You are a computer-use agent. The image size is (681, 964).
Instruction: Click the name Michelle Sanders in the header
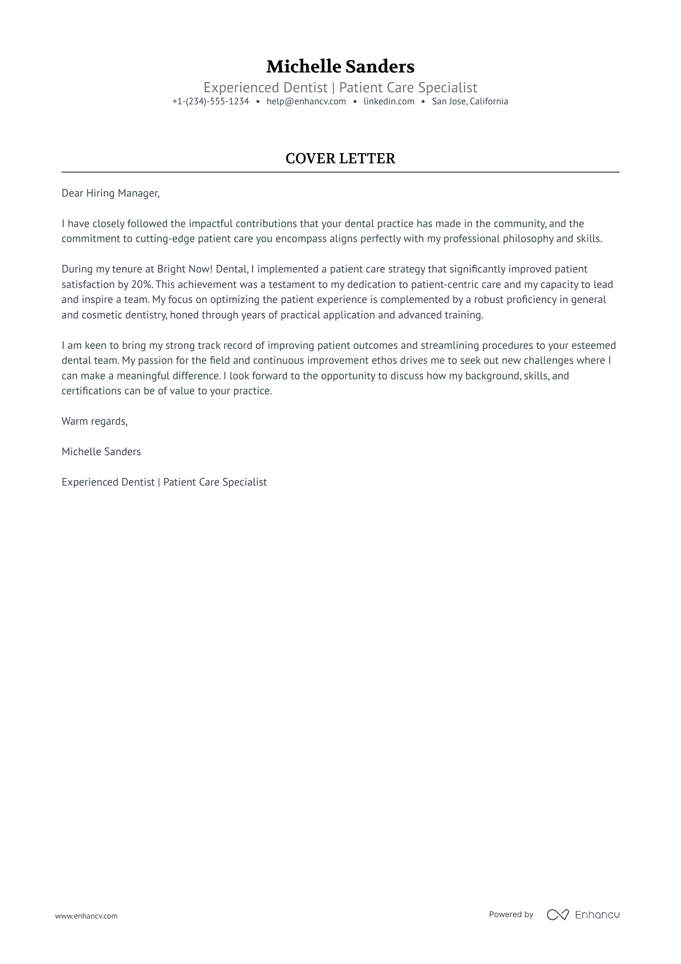(340, 67)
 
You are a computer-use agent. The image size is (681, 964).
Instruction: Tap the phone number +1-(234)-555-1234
(211, 101)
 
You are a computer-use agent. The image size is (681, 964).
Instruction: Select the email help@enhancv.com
(306, 101)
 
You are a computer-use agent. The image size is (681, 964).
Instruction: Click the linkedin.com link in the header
(389, 101)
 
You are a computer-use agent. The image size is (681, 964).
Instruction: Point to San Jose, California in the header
(469, 101)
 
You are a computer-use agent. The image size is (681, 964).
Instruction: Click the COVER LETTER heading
(340, 158)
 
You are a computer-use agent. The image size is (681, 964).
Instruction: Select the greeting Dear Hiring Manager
(110, 194)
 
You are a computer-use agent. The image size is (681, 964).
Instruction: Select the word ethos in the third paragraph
(384, 360)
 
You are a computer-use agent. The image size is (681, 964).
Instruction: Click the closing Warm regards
(94, 421)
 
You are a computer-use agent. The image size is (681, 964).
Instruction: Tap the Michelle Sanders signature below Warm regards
(101, 452)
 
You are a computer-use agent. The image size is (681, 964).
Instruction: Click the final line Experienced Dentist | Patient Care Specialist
(164, 482)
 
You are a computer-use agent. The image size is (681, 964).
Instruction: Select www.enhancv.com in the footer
(86, 916)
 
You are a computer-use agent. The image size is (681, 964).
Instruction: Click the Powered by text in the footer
(511, 914)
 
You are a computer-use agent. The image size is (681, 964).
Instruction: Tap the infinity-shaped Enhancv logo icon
(557, 914)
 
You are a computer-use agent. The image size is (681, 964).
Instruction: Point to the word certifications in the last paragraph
(91, 391)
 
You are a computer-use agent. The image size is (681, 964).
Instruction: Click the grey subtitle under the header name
(340, 88)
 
